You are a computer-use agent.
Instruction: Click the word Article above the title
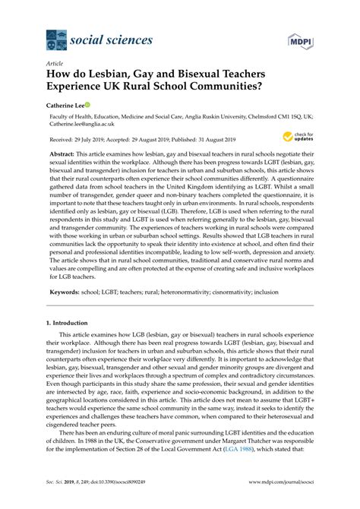(x=55, y=65)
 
